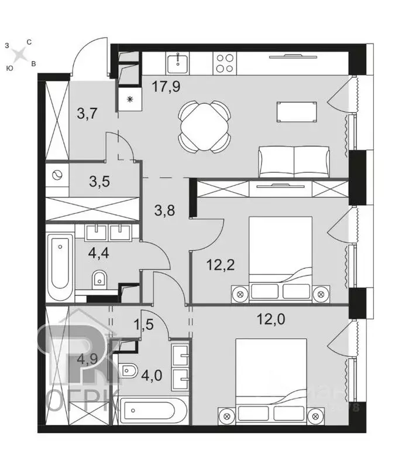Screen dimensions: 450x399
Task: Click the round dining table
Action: (x=201, y=125)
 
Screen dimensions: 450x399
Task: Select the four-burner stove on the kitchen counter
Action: (x=225, y=63)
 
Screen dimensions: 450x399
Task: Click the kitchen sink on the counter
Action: (x=176, y=62)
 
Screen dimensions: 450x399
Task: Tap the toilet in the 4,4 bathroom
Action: (x=99, y=280)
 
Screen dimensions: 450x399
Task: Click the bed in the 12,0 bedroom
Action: (x=270, y=381)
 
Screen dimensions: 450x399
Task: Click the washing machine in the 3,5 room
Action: (x=58, y=175)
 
